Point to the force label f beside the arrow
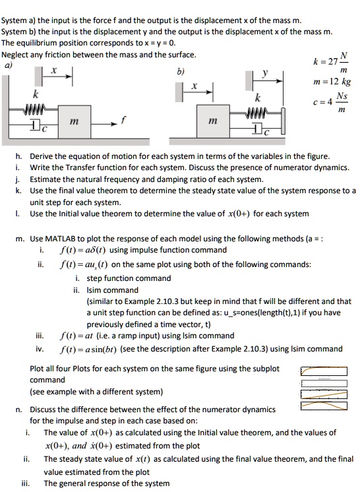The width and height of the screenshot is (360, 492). click(123, 120)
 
